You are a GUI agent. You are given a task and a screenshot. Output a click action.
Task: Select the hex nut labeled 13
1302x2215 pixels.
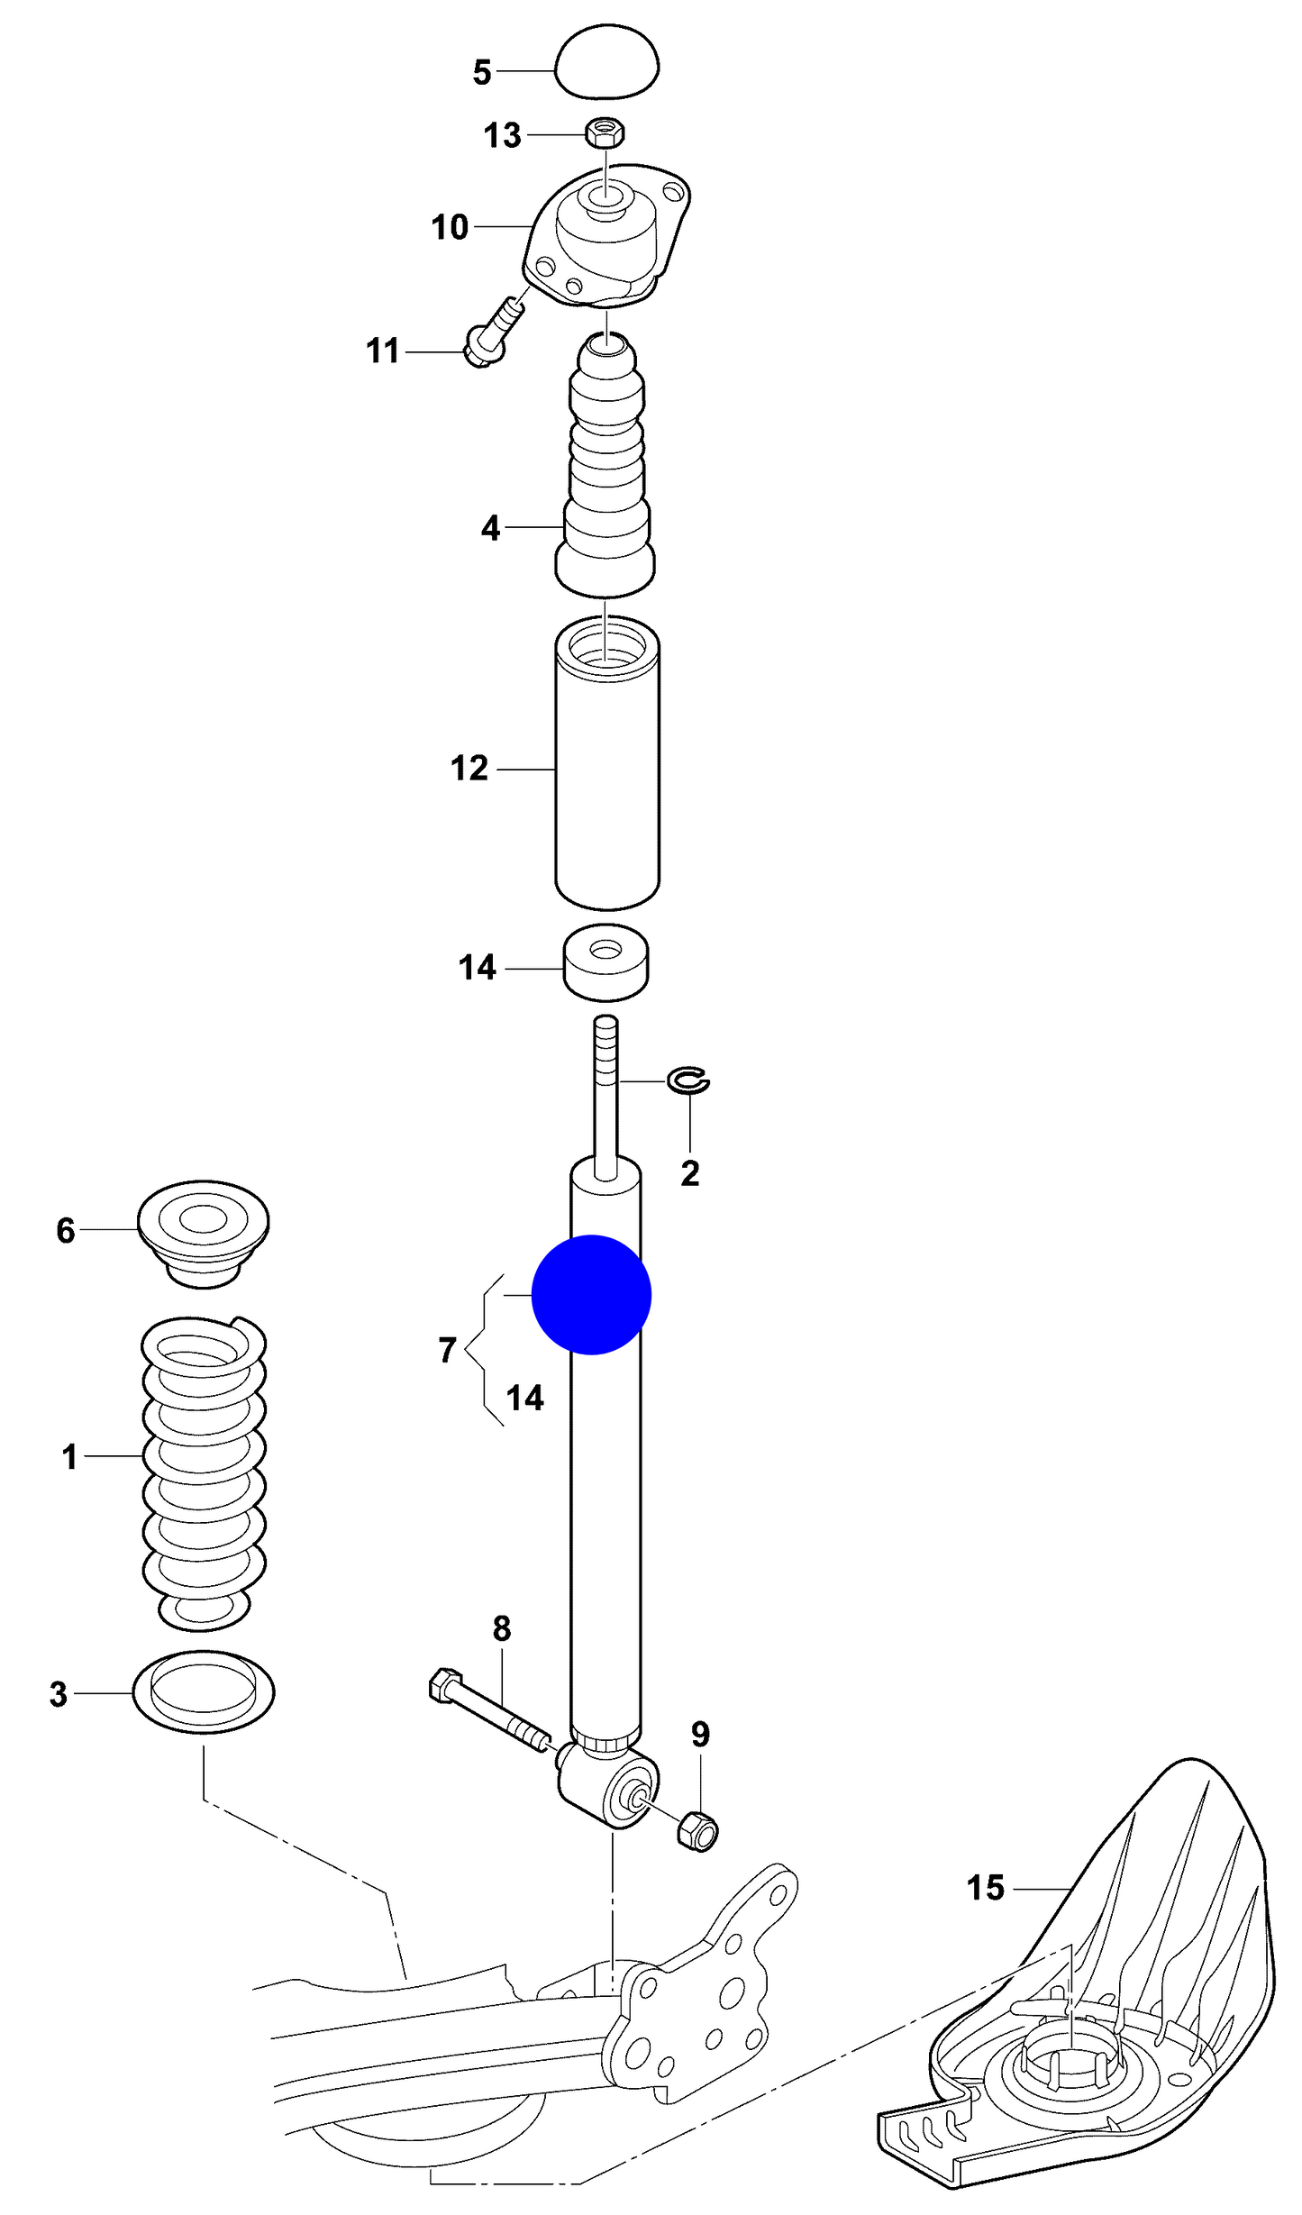point(605,133)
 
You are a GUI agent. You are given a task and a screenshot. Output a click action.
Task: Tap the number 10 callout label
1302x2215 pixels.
point(450,228)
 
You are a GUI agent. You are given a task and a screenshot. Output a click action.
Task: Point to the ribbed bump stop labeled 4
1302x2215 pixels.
point(606,469)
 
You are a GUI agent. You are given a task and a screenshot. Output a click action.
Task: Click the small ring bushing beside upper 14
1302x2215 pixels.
point(606,962)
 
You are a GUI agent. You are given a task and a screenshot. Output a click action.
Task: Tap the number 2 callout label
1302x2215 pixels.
point(689,1173)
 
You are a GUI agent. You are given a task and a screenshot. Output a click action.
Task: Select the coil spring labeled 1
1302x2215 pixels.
point(204,1469)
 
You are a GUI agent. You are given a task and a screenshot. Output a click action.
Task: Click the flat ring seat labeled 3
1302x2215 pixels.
point(204,1692)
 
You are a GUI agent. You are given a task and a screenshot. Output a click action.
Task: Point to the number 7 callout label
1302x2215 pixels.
point(447,1350)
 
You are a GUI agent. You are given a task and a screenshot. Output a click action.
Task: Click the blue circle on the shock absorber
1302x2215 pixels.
point(591,1294)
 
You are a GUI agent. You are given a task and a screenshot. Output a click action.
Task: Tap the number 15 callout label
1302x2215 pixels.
point(985,1887)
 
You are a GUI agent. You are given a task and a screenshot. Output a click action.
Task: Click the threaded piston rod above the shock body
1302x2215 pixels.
point(605,1090)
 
